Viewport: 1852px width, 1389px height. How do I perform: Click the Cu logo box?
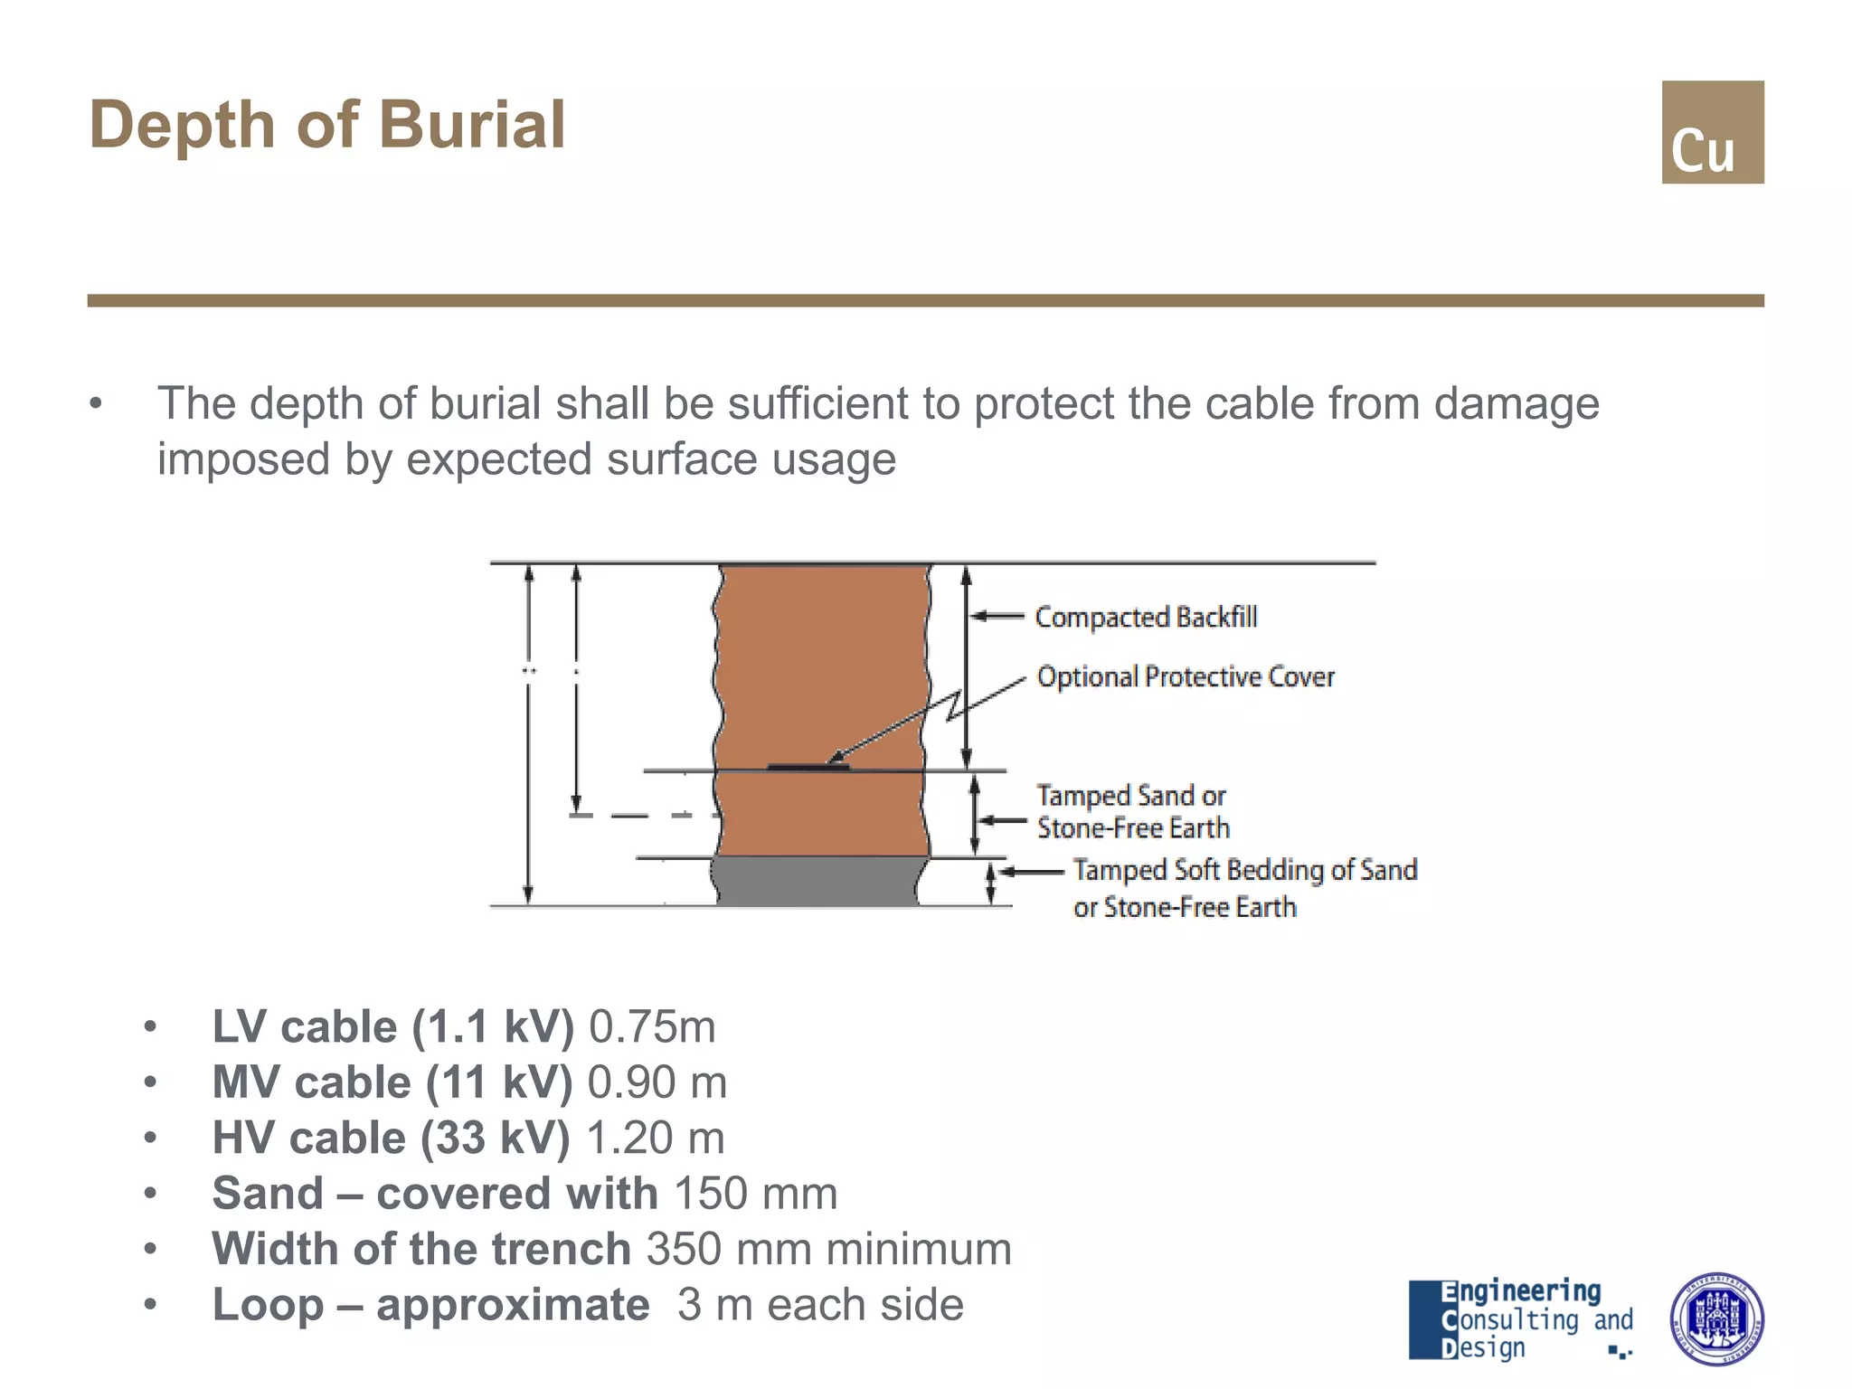(1712, 132)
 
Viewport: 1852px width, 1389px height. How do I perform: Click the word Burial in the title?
(472, 125)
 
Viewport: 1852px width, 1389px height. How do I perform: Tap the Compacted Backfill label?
(1145, 617)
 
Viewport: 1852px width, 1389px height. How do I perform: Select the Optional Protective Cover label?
(1185, 676)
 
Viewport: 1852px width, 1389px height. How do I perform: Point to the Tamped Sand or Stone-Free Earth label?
(1132, 811)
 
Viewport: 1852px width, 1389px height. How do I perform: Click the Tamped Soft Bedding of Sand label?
(1244, 870)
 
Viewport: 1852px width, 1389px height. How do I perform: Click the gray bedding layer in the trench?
(818, 881)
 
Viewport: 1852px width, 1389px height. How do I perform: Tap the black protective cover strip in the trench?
(808, 767)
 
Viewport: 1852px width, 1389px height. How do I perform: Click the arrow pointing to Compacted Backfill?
(997, 617)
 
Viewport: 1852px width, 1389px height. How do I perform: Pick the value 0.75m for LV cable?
(652, 1027)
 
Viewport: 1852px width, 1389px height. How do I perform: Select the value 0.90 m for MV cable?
(657, 1082)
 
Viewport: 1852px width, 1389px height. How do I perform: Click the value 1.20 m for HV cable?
(656, 1138)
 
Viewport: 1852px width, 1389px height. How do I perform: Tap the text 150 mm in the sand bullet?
(755, 1194)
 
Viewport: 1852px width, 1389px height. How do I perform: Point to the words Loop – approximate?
(430, 1304)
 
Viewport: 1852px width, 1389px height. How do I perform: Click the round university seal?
(1715, 1318)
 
